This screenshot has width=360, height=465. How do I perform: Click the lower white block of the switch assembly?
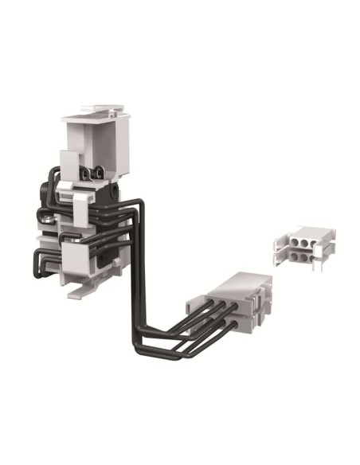[x=85, y=257]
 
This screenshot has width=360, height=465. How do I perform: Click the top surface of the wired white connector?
[x=239, y=283]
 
